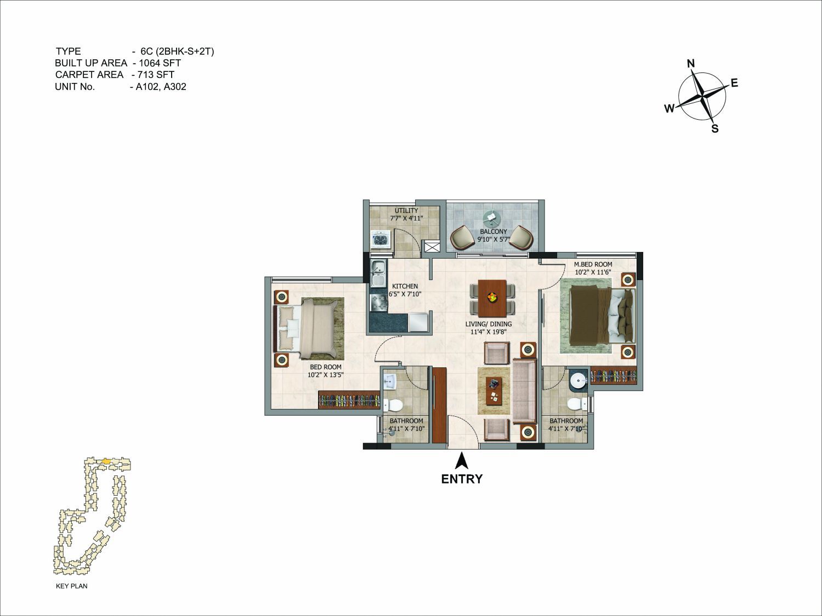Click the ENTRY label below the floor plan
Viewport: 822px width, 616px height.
click(x=462, y=479)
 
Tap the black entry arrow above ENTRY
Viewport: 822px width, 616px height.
click(x=462, y=461)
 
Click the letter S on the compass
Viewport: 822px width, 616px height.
click(x=715, y=128)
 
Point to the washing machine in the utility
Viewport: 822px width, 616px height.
click(x=381, y=239)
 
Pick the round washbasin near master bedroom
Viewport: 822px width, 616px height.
click(x=579, y=380)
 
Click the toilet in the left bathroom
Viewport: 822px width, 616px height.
click(x=393, y=405)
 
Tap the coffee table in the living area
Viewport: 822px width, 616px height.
click(x=494, y=391)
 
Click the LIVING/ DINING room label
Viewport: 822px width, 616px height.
click(x=489, y=324)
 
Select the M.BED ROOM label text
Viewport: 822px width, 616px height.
click(x=593, y=264)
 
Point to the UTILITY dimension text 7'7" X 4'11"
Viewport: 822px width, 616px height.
click(x=406, y=218)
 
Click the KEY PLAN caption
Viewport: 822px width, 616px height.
click(x=71, y=586)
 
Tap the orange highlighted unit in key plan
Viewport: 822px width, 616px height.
click(x=106, y=461)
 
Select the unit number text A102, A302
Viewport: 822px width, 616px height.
click(x=161, y=87)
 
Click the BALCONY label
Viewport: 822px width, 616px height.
click(x=493, y=232)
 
